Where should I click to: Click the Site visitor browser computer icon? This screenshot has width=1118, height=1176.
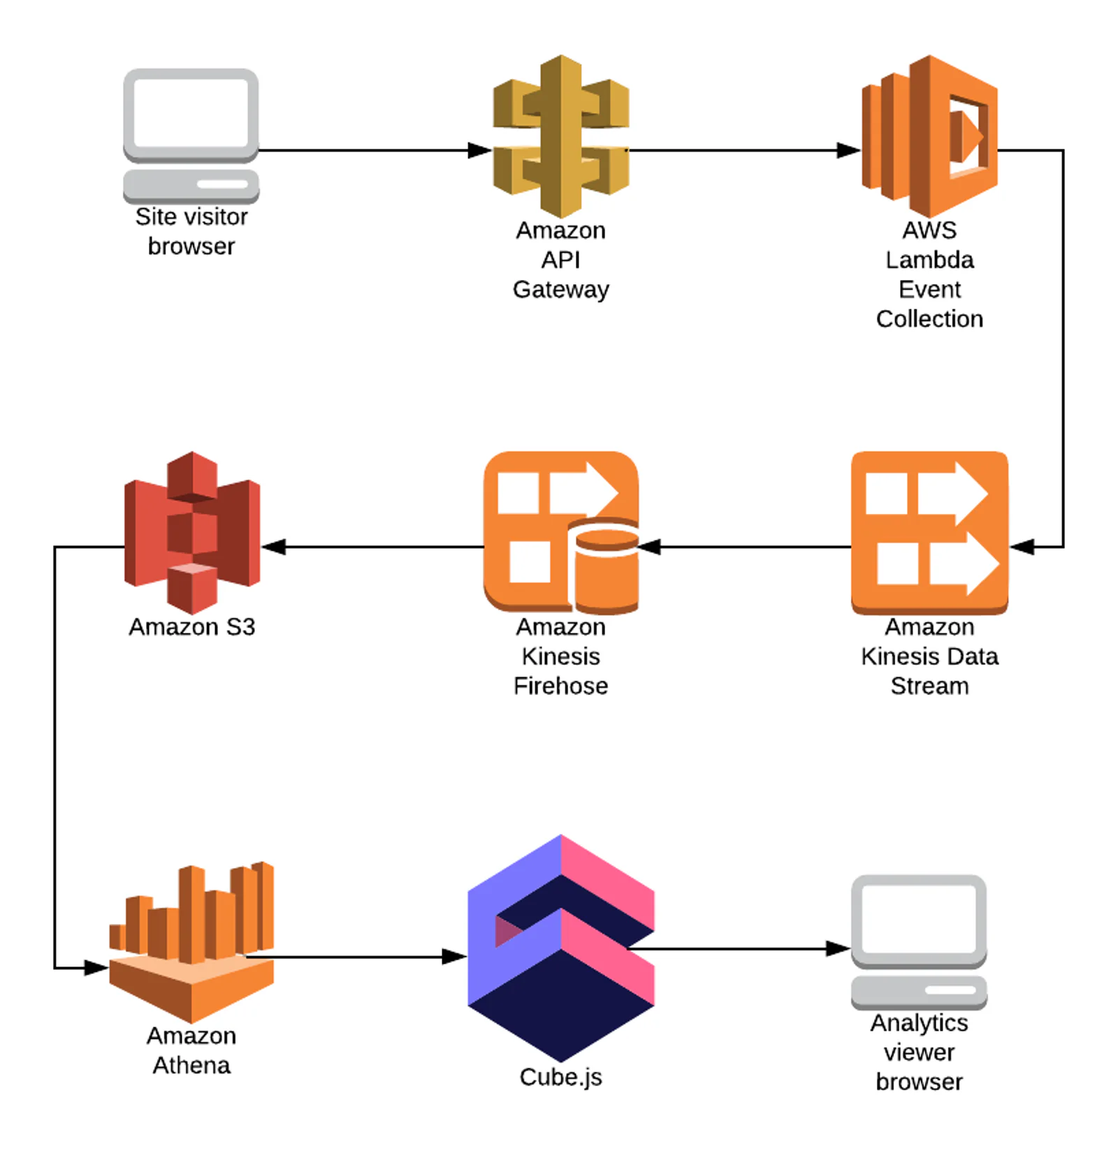click(191, 135)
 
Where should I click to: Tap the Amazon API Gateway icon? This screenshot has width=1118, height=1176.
click(561, 136)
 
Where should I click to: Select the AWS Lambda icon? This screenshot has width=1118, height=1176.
click(929, 136)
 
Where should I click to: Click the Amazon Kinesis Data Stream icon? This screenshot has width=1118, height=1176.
click(929, 533)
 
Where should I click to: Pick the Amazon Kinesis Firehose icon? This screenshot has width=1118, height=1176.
click(561, 533)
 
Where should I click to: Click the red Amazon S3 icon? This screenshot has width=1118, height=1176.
click(192, 533)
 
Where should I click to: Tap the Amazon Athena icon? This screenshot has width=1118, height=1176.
click(191, 942)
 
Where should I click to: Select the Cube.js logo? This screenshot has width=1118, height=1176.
click(561, 948)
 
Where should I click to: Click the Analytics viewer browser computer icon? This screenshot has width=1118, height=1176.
click(919, 942)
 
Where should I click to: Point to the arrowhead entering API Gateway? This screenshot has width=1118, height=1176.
click(480, 150)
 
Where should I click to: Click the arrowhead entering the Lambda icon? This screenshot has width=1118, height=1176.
click(849, 150)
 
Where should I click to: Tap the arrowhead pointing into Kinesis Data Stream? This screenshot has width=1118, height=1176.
click(1022, 547)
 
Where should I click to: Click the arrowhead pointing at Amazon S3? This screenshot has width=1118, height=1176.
click(273, 547)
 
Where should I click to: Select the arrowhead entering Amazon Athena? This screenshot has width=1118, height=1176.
click(96, 968)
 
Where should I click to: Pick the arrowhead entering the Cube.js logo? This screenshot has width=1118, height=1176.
click(455, 957)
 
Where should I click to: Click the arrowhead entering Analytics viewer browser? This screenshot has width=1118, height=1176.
click(838, 948)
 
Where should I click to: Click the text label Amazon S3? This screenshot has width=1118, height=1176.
click(192, 627)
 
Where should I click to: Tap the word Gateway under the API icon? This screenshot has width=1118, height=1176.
click(561, 290)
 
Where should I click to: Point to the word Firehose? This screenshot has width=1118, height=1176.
click(561, 686)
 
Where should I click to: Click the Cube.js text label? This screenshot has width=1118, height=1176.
click(561, 1077)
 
